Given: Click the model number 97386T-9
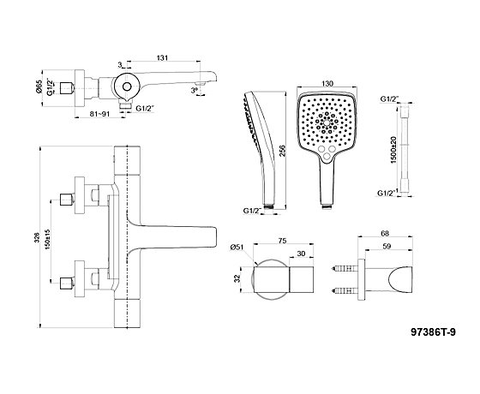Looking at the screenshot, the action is coord(433,332).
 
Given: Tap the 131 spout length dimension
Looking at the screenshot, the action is coord(162,58).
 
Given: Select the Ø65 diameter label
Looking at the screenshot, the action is coord(39,86).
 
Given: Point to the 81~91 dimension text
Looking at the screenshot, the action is coord(99,113).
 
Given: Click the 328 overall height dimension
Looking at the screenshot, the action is coord(37,237).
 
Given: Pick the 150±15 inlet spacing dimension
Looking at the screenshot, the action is coord(47,239).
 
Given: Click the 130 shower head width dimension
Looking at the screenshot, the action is coord(327,83).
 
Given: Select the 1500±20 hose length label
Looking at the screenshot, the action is coord(394,150).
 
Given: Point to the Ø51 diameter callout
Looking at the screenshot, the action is coord(238,248).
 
